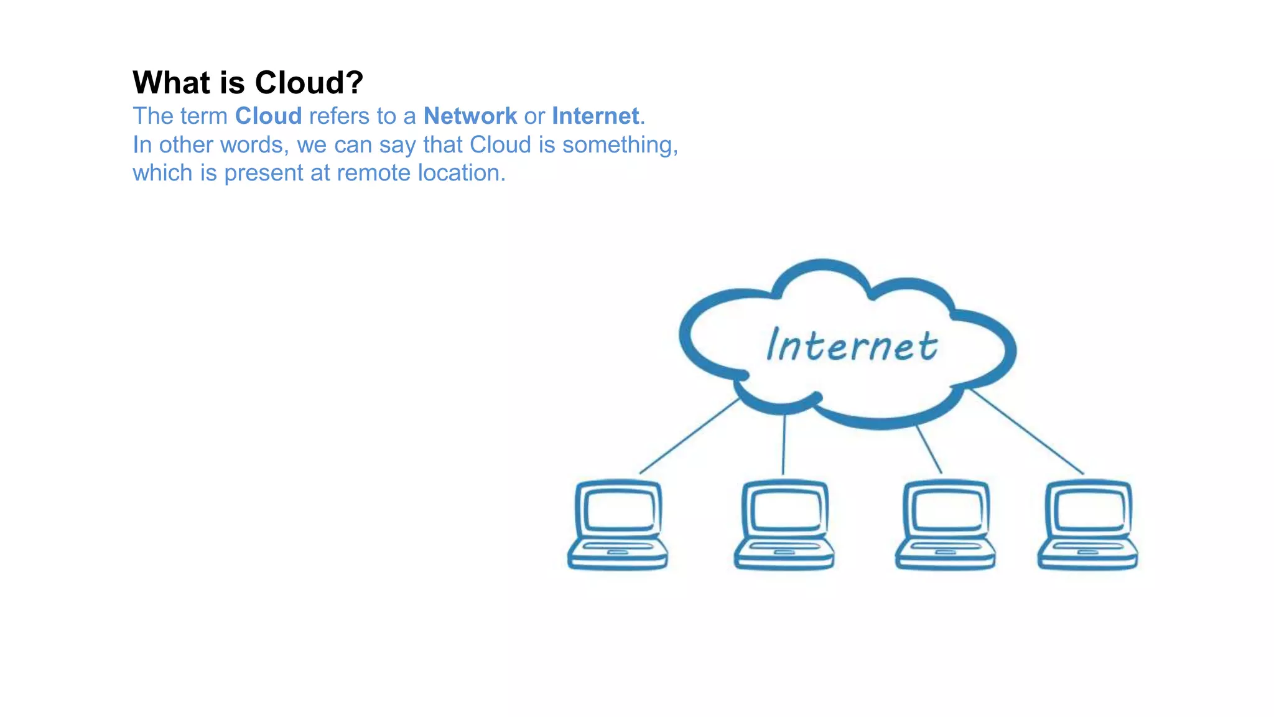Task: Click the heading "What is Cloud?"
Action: click(248, 83)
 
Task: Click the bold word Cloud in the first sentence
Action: click(268, 116)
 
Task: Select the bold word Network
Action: click(470, 116)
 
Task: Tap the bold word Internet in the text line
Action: click(595, 116)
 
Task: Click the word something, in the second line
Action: click(620, 145)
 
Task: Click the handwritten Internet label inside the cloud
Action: click(852, 345)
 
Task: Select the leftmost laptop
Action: click(618, 525)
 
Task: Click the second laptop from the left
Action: click(784, 525)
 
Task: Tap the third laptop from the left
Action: click(946, 525)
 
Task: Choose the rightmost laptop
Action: click(1088, 525)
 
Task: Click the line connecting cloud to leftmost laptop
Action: click(689, 436)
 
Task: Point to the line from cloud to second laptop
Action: click(784, 445)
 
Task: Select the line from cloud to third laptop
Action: click(929, 449)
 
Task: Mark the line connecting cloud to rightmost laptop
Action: click(1026, 431)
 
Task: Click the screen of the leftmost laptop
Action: click(619, 510)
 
